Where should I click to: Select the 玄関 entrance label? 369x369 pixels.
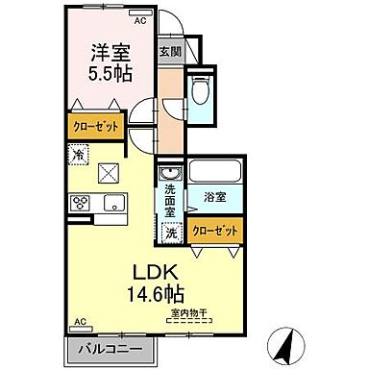click(x=169, y=52)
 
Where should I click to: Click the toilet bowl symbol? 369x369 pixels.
click(x=201, y=91)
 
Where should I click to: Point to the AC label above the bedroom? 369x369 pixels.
click(x=140, y=19)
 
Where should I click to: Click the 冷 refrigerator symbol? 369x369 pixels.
click(x=77, y=153)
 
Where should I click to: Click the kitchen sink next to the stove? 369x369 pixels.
click(x=113, y=204)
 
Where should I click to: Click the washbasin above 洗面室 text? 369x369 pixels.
click(x=170, y=173)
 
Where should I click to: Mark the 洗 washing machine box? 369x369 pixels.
click(x=171, y=232)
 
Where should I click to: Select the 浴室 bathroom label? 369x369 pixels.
click(x=214, y=197)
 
